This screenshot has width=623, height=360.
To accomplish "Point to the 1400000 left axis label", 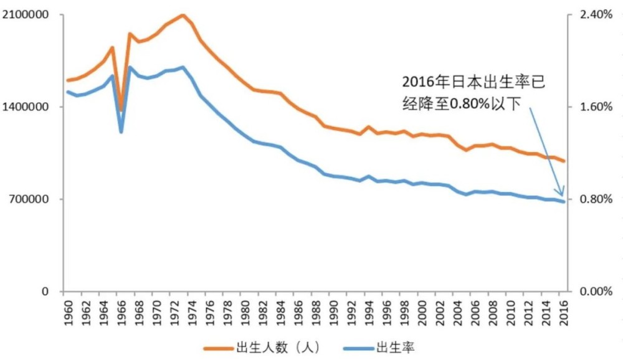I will pyautogui.click(x=26, y=107).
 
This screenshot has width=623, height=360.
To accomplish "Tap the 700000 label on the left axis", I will pyautogui.click(x=29, y=199).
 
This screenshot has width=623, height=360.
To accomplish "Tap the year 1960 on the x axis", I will pyautogui.click(x=68, y=310).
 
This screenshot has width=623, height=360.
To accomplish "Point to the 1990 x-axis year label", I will pyautogui.click(x=333, y=310).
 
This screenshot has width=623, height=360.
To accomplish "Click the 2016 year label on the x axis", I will pyautogui.click(x=563, y=310).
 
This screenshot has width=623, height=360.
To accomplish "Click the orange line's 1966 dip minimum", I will pyautogui.click(x=121, y=110).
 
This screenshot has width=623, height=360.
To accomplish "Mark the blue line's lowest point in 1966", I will pyautogui.click(x=121, y=132).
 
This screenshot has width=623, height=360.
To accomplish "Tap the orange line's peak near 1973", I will pyautogui.click(x=183, y=15).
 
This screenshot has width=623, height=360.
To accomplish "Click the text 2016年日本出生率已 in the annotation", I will pyautogui.click(x=473, y=83).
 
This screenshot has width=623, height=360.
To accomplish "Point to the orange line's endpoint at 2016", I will pyautogui.click(x=564, y=161).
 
